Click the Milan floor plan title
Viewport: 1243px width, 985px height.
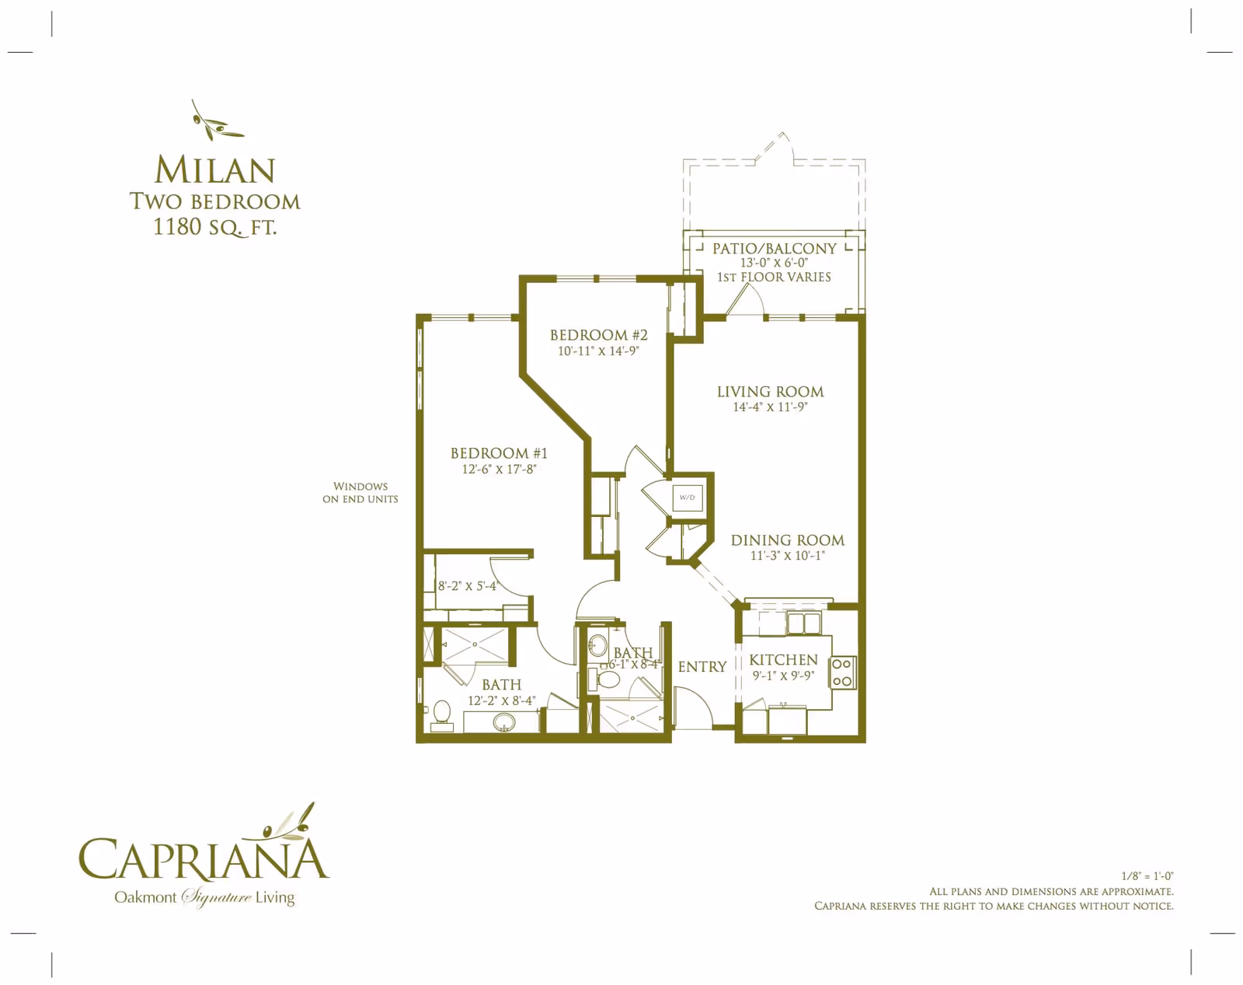point(214,170)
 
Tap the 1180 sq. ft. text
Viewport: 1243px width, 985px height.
point(214,227)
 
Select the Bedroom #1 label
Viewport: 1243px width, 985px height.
point(499,453)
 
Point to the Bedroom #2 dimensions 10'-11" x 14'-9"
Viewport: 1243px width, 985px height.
point(598,351)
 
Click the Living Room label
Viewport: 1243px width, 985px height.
point(770,392)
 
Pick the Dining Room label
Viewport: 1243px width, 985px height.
point(787,540)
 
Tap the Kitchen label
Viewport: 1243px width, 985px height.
point(783,660)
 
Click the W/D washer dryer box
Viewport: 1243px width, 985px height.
point(688,498)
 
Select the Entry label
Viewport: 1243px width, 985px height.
point(702,667)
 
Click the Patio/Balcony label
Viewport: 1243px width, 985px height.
point(774,249)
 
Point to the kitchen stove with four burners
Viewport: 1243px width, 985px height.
point(843,672)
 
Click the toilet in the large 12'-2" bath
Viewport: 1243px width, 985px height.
point(442,713)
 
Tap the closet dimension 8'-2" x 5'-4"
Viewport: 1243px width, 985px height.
point(467,586)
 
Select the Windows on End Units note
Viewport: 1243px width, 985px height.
point(360,493)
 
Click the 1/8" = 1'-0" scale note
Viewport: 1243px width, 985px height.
point(1147,876)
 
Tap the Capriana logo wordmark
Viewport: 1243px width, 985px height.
point(204,859)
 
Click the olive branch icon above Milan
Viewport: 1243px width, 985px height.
point(215,121)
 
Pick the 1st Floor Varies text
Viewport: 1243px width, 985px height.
point(774,278)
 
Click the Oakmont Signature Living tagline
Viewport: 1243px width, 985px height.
point(204,897)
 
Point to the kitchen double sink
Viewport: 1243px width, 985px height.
point(803,623)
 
